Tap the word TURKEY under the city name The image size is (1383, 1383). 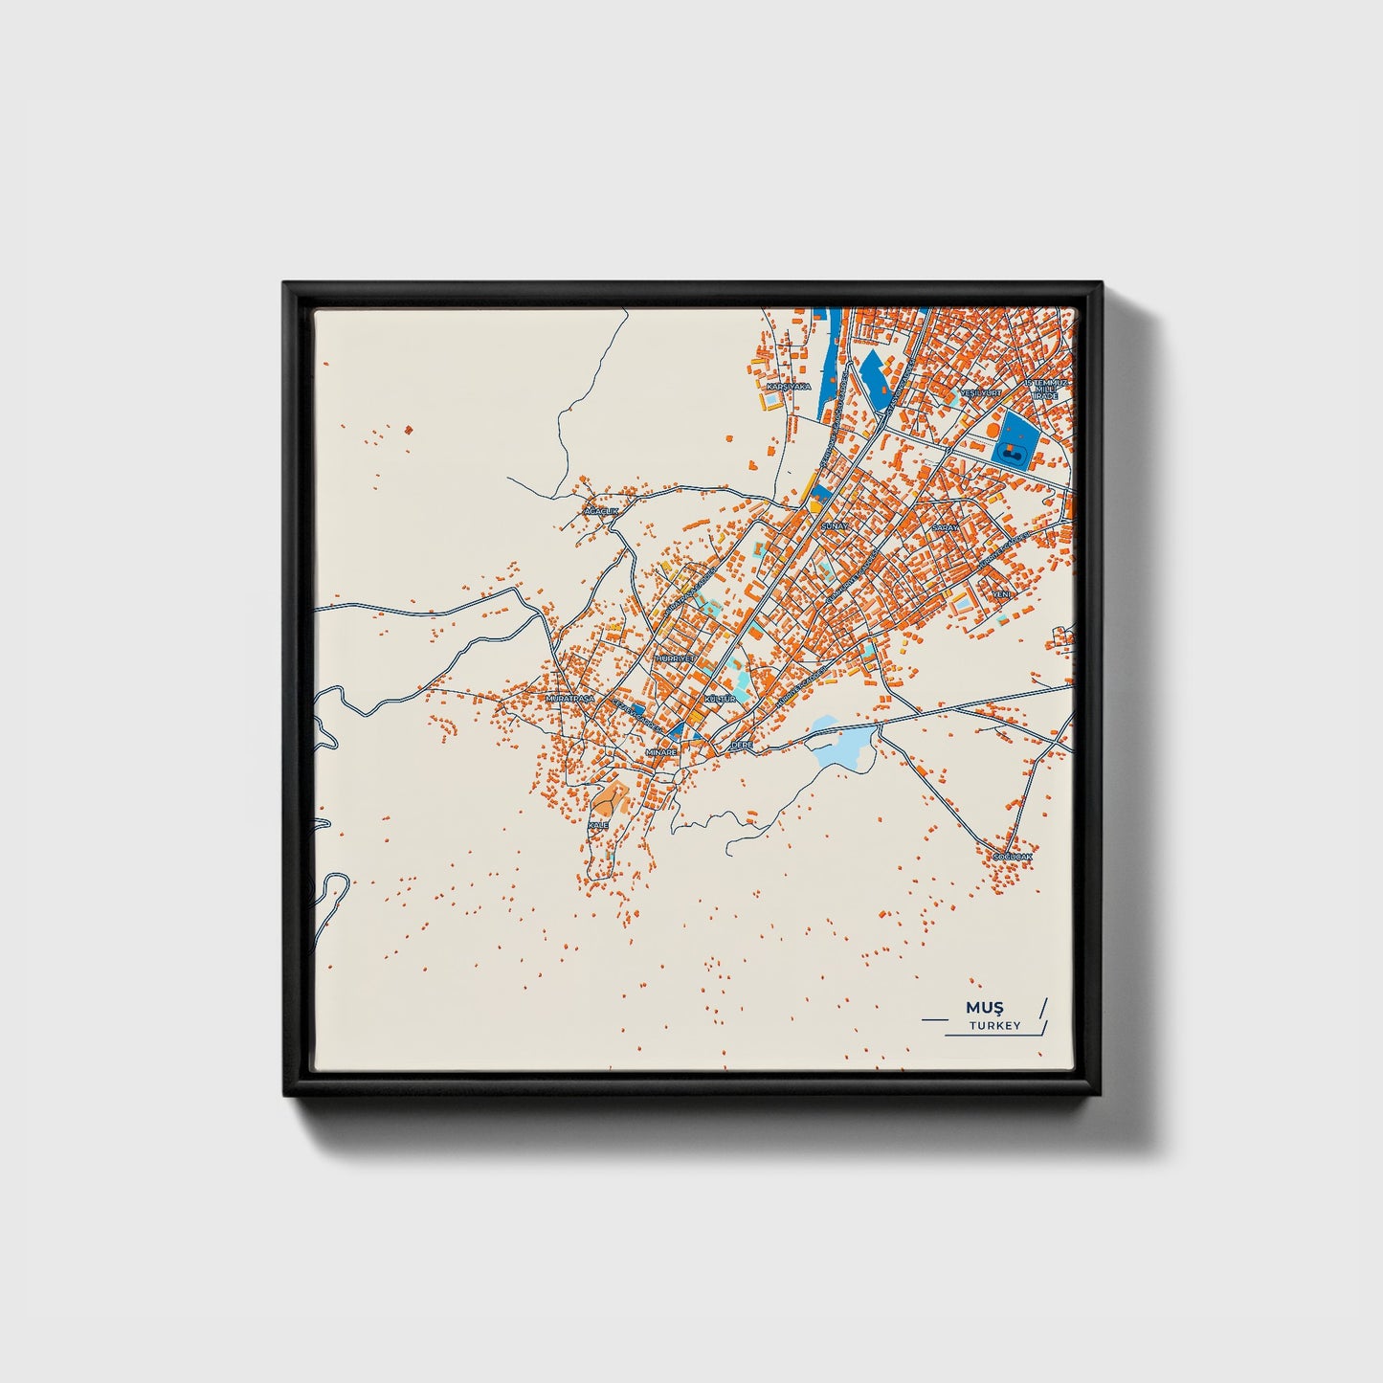point(994,1026)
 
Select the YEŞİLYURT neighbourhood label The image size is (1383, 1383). point(981,393)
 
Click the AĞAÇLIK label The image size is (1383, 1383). point(602,512)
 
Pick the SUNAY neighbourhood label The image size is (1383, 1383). point(835,526)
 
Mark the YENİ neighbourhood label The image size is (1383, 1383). point(1002,594)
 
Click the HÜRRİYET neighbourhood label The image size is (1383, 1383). point(674,659)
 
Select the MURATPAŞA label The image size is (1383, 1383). point(569,700)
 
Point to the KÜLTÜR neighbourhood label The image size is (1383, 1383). point(720,700)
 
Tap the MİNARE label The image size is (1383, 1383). point(661,752)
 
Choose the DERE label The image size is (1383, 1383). point(742,744)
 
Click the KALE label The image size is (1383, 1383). point(598,825)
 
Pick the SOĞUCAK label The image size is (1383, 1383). point(1013,856)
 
